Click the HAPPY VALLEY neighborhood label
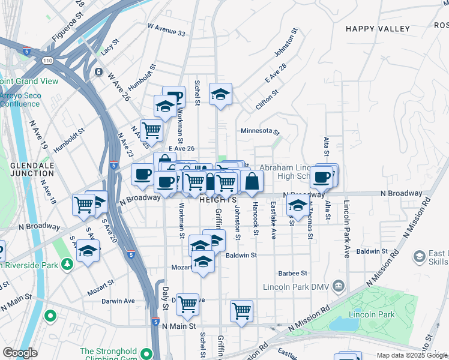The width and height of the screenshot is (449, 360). click(x=378, y=29)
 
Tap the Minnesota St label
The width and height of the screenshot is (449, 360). click(x=261, y=131)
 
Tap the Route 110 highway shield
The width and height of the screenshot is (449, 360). click(x=47, y=60)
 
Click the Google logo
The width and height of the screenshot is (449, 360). click(x=20, y=353)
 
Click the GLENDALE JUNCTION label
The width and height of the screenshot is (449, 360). click(x=28, y=169)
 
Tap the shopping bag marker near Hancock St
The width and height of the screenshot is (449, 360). click(x=252, y=182)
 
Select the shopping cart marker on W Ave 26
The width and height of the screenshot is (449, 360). click(x=151, y=130)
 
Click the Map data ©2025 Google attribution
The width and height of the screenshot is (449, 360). click(x=412, y=355)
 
